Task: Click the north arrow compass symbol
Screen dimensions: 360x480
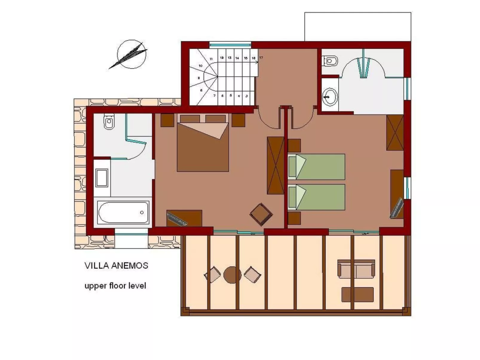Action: pyautogui.click(x=132, y=55)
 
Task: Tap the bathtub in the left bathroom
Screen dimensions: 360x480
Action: pyautogui.click(x=123, y=212)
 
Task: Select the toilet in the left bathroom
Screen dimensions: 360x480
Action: pyautogui.click(x=109, y=122)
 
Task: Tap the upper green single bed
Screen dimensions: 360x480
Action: pyautogui.click(x=317, y=166)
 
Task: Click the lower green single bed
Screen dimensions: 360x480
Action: pyautogui.click(x=317, y=197)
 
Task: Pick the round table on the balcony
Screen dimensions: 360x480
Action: pyautogui.click(x=232, y=275)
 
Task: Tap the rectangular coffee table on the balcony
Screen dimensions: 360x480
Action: pyautogui.click(x=357, y=295)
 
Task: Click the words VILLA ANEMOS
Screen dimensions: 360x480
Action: pyautogui.click(x=116, y=266)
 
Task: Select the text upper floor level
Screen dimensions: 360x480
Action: pyautogui.click(x=115, y=286)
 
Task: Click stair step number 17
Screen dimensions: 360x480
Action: pyautogui.click(x=261, y=58)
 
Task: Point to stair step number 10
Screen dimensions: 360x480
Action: pyautogui.click(x=201, y=66)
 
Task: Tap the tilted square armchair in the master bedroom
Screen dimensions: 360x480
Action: pyautogui.click(x=261, y=214)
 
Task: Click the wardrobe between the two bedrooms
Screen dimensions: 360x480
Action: pyautogui.click(x=275, y=165)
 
